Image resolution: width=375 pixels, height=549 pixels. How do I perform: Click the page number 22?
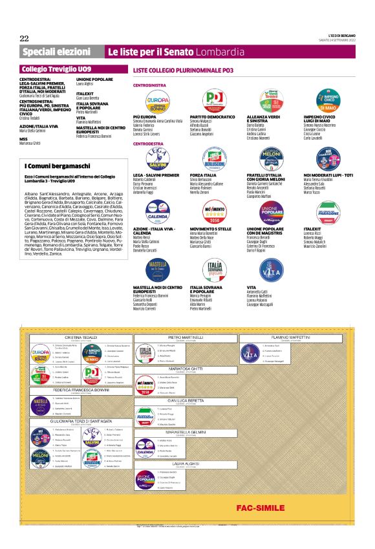(x=25, y=38)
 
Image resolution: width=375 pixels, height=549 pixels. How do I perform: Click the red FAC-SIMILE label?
(x=257, y=506)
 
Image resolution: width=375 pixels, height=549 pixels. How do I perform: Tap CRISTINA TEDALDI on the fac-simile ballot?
(x=81, y=338)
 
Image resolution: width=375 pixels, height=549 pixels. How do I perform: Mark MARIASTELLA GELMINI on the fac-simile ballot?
(x=186, y=432)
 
